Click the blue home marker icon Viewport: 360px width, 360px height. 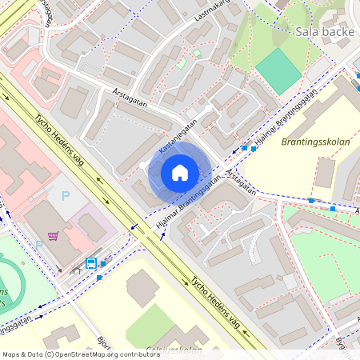coord(180,173)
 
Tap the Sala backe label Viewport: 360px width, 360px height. coord(324,32)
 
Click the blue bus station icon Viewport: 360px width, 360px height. coord(91,262)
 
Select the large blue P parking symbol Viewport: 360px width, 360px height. coord(66,195)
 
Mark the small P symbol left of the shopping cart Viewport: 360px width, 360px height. coord(38,244)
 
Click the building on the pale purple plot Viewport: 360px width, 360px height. coord(92,227)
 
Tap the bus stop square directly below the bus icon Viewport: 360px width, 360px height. coord(99,277)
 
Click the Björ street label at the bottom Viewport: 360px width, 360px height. coord(103,343)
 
